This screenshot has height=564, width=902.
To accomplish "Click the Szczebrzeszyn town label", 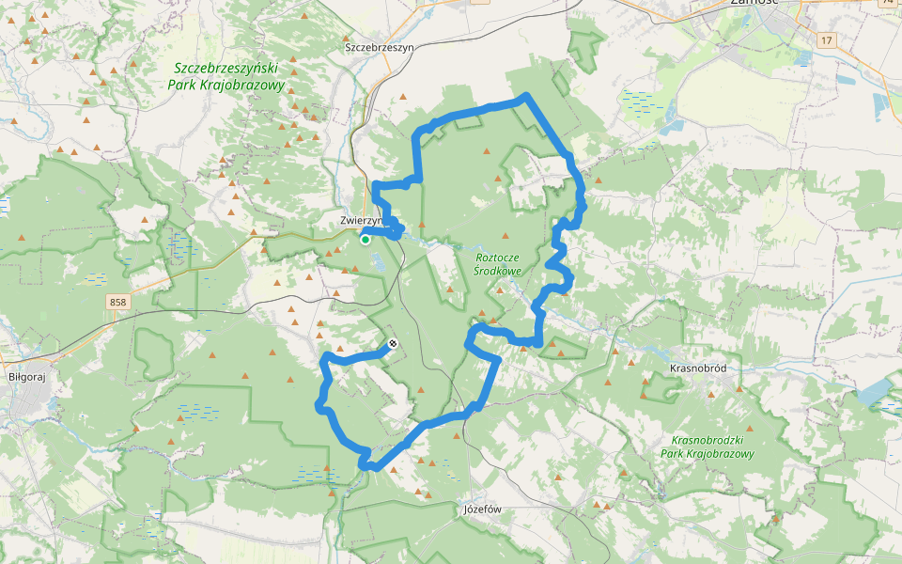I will tap(379, 47).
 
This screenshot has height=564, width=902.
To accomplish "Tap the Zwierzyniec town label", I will tap(361, 220).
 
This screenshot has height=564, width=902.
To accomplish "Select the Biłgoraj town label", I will tap(26, 373).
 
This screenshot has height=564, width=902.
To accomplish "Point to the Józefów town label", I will tap(484, 509).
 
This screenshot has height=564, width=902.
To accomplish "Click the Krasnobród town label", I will tap(700, 368).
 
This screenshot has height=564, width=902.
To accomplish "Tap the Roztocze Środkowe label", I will tap(498, 263).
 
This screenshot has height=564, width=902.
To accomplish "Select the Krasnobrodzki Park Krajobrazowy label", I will tap(713, 446).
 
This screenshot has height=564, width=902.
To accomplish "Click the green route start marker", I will tap(365, 240).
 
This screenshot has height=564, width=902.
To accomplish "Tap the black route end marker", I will tap(393, 344).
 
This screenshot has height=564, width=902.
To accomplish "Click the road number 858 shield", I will tap(117, 302).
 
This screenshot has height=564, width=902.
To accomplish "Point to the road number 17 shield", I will tap(826, 39).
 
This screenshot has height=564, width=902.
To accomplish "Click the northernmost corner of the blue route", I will tap(525, 96).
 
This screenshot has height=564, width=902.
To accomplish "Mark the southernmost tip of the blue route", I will tap(371, 467).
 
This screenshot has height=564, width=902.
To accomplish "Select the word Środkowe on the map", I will tap(498, 271).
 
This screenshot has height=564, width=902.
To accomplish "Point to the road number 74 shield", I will tap(889, 4).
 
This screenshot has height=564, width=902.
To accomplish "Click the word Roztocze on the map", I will tap(498, 257).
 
